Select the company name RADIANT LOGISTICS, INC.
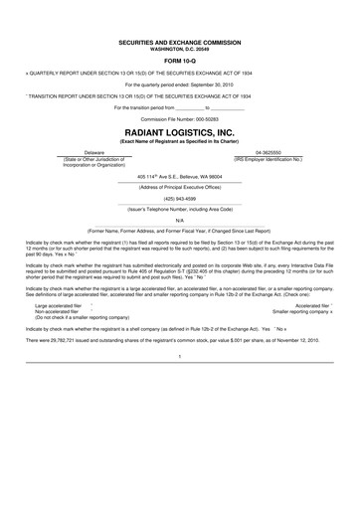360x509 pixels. (180, 130)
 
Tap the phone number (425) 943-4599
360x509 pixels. (180, 196)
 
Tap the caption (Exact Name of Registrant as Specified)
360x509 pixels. (180, 141)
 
